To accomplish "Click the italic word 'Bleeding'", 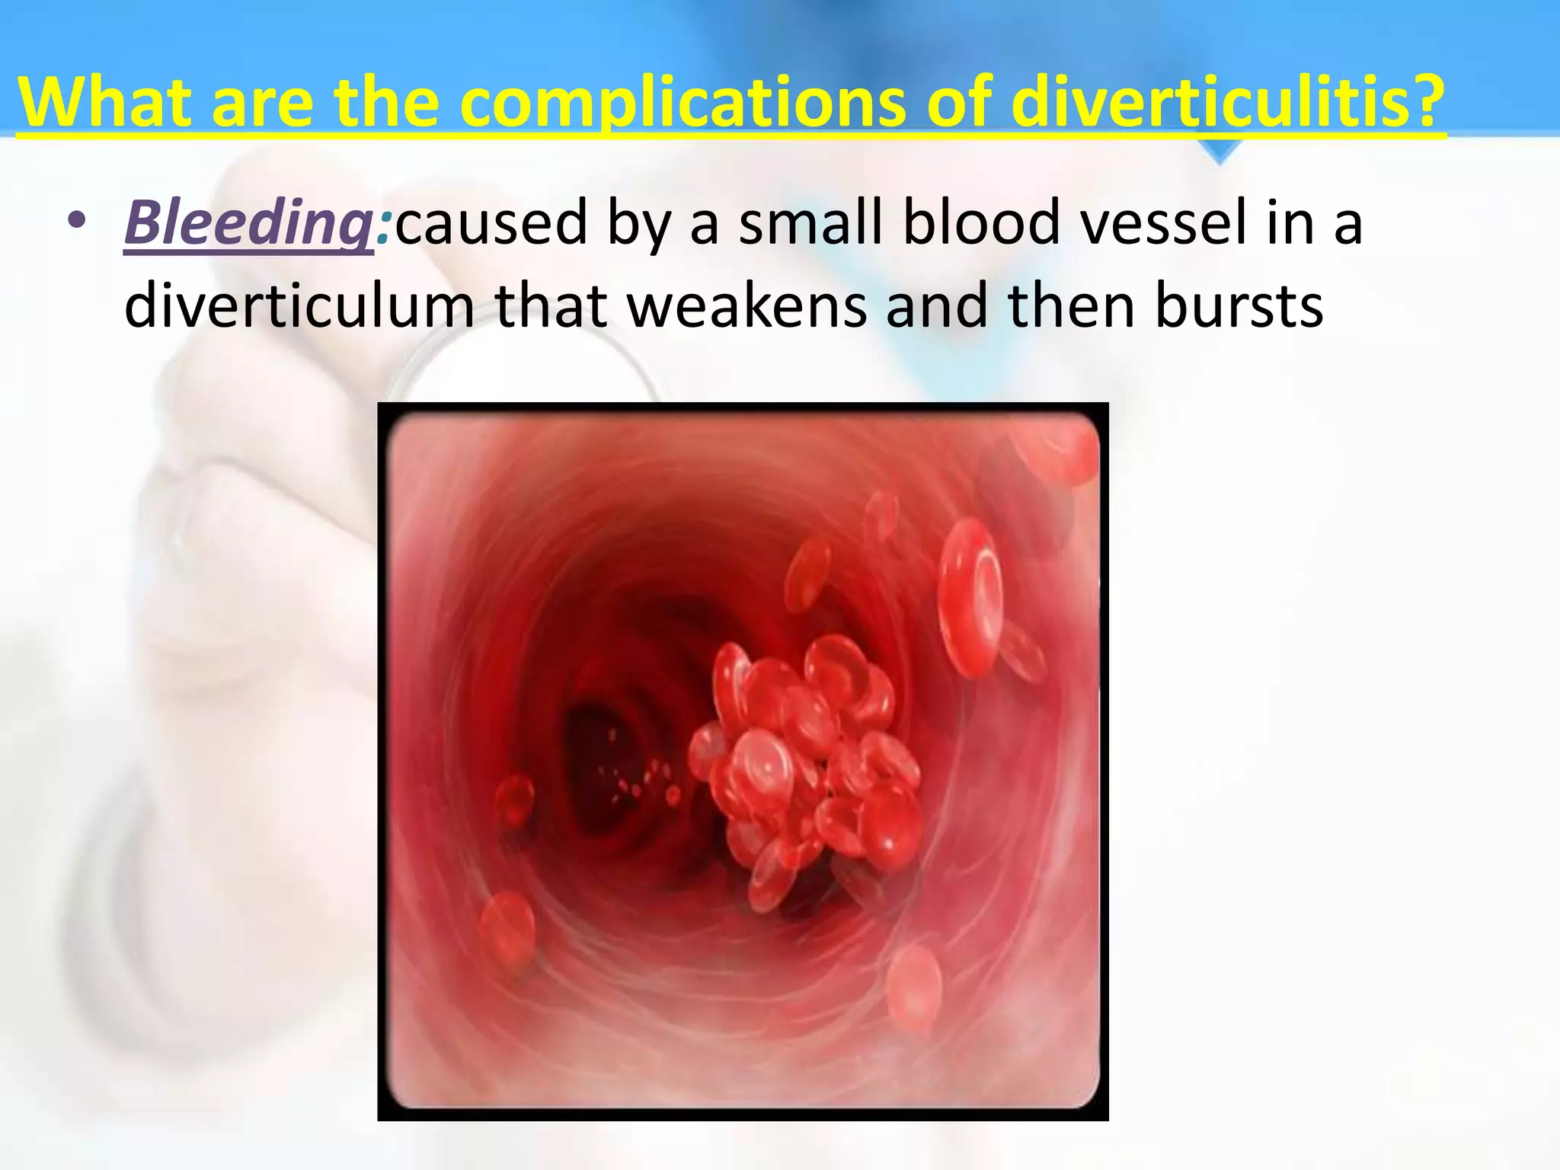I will [248, 222].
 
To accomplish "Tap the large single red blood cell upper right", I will [970, 598].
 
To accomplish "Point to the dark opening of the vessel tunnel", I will [602, 754].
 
